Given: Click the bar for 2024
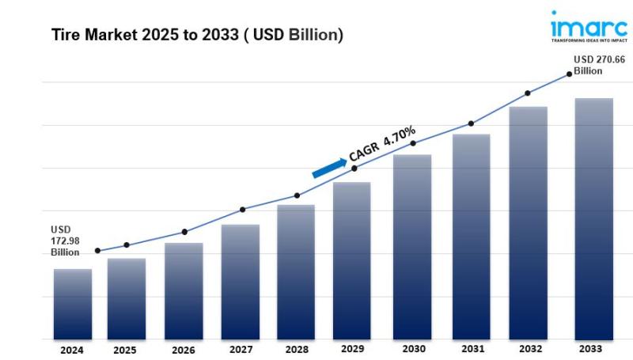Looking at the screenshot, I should [73, 304].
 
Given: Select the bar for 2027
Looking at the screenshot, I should [241, 282].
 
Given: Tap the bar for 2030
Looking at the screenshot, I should [412, 246].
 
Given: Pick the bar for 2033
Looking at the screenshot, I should [593, 218].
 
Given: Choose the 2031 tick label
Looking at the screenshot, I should [472, 349].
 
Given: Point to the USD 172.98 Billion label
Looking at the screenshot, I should [66, 241].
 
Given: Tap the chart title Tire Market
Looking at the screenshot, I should [197, 36].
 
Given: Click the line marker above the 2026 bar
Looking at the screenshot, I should [184, 232].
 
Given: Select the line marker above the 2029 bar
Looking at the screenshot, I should [354, 169].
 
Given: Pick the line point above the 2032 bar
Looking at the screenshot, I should [528, 93].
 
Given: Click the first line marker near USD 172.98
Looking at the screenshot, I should [97, 251].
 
